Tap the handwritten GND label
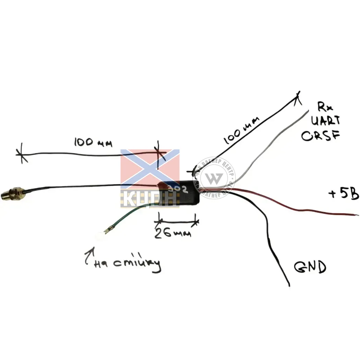310,267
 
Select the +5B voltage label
343,194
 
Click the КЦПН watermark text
150,198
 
